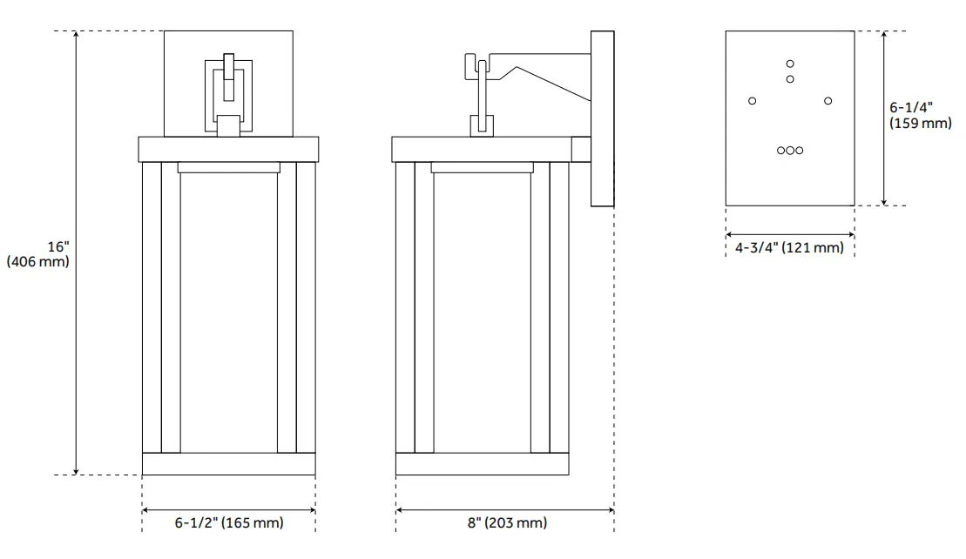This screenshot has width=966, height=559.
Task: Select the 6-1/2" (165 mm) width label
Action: coord(228,523)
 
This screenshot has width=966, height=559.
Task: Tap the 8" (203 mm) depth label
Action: coord(506,523)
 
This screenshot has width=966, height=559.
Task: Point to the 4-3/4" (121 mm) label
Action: coord(789,248)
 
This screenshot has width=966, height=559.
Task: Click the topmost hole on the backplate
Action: coord(790,64)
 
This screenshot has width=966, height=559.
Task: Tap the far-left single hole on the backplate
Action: coord(753,101)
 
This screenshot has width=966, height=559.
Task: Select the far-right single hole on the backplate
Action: coord(828,101)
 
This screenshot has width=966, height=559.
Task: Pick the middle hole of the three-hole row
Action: coord(790,151)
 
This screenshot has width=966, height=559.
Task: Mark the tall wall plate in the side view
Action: coord(602,118)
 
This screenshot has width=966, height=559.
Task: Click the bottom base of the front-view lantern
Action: coord(228,464)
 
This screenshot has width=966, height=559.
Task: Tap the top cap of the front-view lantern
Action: coord(228,149)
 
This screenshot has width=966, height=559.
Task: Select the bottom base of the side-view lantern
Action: coord(482,464)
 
